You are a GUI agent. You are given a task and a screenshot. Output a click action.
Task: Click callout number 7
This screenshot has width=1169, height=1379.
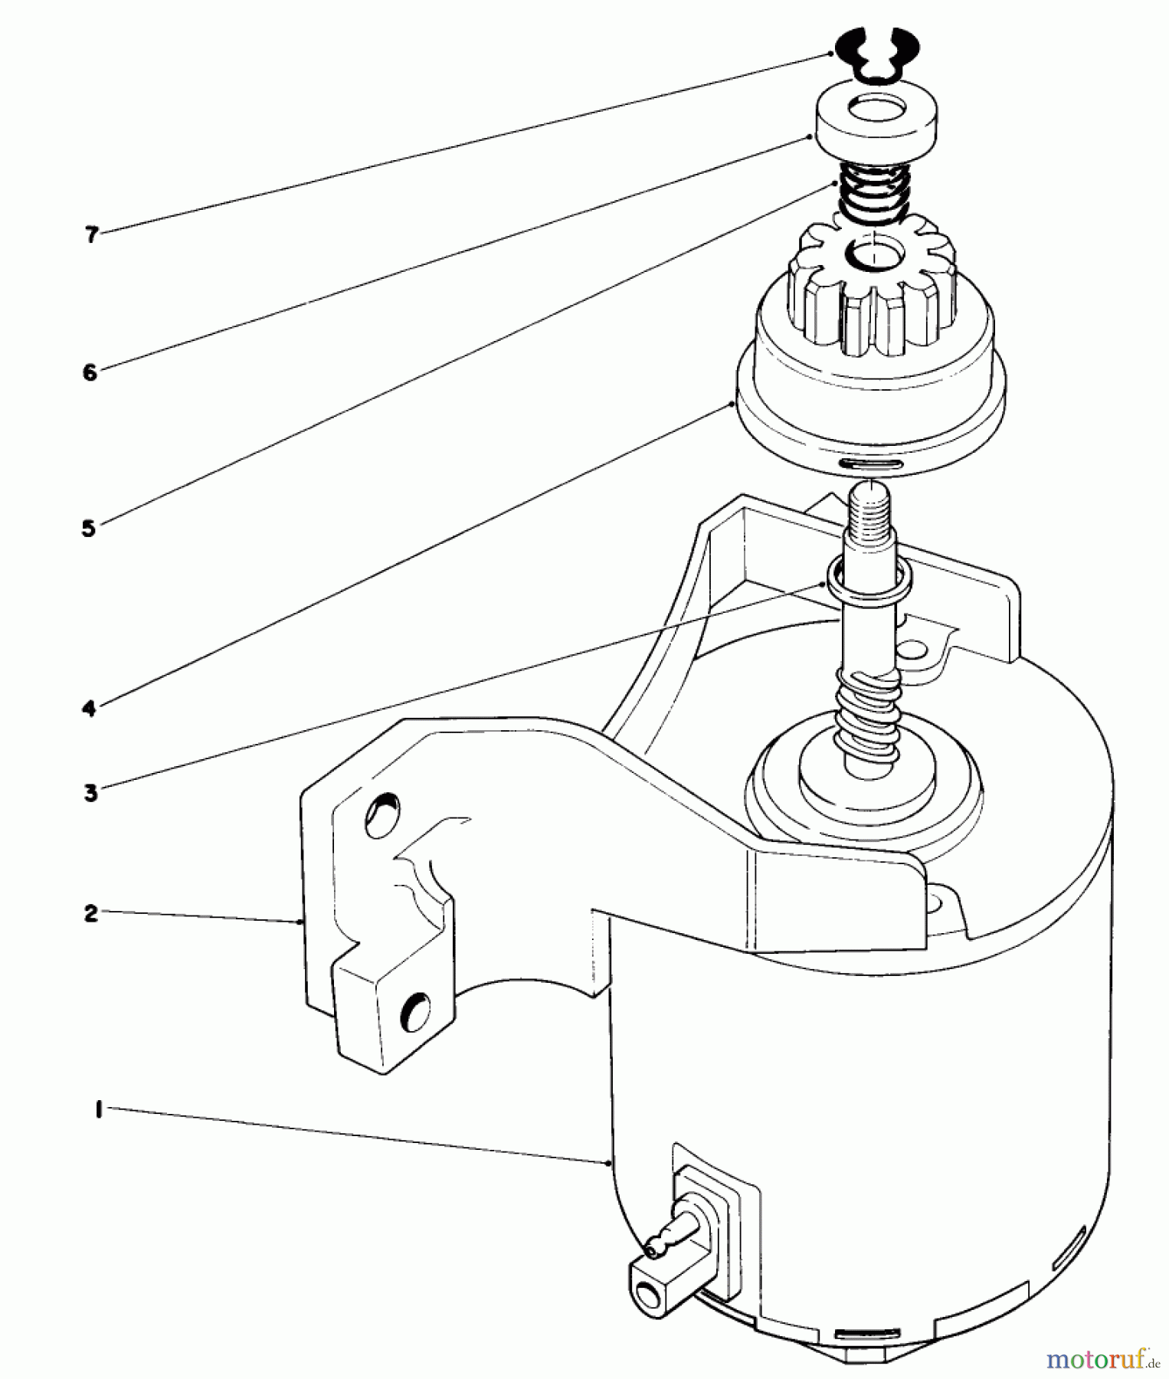click(x=92, y=235)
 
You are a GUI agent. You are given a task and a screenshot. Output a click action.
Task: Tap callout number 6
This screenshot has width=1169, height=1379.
click(x=90, y=373)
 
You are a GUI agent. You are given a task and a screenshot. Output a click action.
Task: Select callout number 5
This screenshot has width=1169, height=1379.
click(x=89, y=528)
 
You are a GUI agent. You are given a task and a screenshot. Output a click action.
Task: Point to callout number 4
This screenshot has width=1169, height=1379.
click(x=90, y=709)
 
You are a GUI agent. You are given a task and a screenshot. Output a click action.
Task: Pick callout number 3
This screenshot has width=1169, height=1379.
click(x=90, y=793)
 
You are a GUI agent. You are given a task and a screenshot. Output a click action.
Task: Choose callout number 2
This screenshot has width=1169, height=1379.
click(x=91, y=913)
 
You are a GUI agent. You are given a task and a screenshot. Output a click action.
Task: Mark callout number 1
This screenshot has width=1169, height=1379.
click(x=99, y=1110)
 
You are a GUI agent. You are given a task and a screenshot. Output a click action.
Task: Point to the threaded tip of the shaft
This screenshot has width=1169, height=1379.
click(x=872, y=508)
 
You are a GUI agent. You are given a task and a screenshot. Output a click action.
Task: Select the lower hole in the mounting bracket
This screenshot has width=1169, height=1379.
click(x=416, y=1012)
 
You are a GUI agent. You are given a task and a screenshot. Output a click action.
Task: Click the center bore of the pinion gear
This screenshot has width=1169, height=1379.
click(x=873, y=255)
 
